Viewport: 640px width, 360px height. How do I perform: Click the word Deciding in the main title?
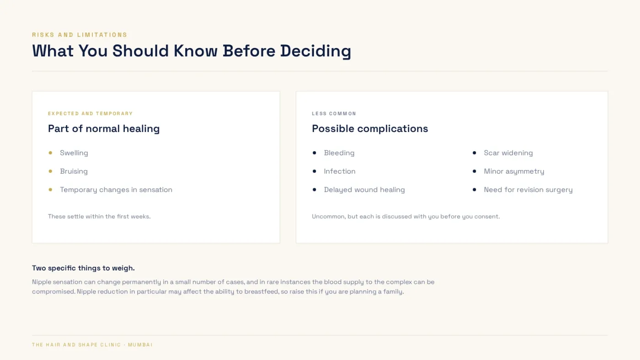pos(315,51)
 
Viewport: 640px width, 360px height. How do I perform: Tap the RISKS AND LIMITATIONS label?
pos(80,35)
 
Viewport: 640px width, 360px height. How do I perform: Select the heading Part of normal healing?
pos(104,128)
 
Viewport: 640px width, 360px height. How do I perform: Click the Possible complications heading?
pos(370,128)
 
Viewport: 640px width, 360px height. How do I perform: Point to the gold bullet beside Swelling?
pos(50,153)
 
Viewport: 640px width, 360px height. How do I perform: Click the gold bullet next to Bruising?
pos(50,171)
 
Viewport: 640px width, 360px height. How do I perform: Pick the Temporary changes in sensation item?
pos(116,190)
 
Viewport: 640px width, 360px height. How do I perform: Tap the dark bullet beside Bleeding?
pos(315,153)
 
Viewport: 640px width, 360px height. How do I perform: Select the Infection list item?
pos(339,171)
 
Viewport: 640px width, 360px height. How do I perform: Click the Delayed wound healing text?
pos(364,190)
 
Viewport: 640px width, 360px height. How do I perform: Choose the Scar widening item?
pos(508,153)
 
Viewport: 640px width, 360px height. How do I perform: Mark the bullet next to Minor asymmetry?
pos(475,171)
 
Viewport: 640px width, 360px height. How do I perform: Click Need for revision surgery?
pos(528,190)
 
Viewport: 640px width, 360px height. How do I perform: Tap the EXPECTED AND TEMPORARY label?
pos(91,114)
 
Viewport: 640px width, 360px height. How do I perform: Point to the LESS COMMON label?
pos(334,114)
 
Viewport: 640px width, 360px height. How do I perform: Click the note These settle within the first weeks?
pos(99,217)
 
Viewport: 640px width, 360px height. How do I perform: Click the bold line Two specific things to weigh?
pos(83,268)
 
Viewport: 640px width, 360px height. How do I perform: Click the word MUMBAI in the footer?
pos(140,345)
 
